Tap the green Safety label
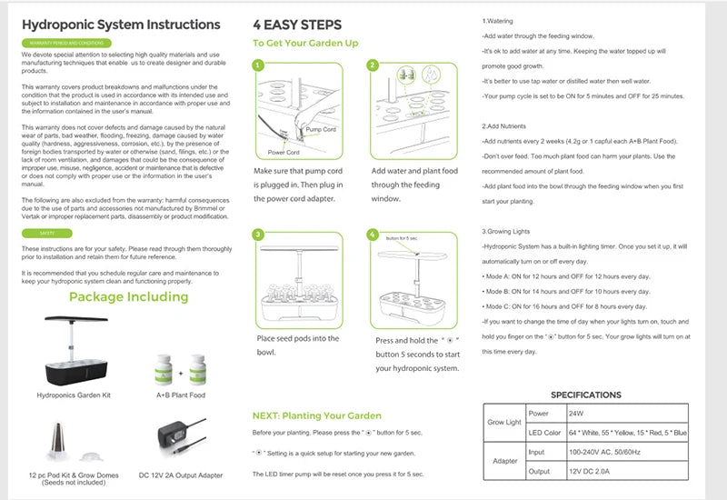pos(46,234)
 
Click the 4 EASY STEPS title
pos(297,25)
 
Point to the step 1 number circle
pos(258,65)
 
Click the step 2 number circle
pos(372,65)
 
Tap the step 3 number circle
pos(258,235)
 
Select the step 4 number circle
pos(372,235)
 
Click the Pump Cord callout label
pos(321,130)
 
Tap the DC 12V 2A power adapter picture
pos(179,437)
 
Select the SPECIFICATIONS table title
pos(586,395)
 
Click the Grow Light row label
pos(505,422)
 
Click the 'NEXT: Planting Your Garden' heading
pos(316,415)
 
